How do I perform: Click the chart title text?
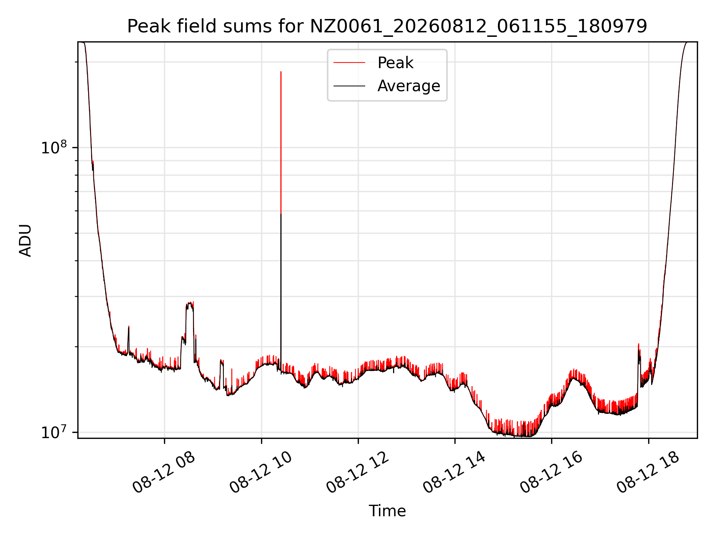tap(387, 26)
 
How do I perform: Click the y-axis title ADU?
tap(25, 240)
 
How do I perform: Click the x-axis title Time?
tap(387, 511)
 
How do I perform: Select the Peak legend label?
tap(395, 63)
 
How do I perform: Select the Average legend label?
tap(409, 86)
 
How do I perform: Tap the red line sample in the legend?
tap(349, 63)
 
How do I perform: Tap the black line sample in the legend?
tap(349, 86)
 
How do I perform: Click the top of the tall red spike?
tap(281, 71)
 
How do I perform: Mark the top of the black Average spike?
tap(281, 214)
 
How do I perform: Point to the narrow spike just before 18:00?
tap(639, 344)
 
